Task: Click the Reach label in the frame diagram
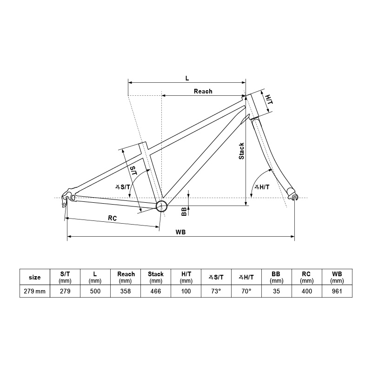click(x=203, y=91)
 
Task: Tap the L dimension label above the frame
click(x=187, y=78)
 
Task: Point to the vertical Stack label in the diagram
click(x=241, y=151)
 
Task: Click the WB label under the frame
click(x=181, y=232)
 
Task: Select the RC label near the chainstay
click(x=112, y=218)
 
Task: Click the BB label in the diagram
click(x=184, y=212)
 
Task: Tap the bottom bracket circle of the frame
click(x=161, y=206)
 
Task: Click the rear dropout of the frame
click(x=68, y=195)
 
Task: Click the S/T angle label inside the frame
click(x=123, y=187)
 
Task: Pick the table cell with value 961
click(x=337, y=292)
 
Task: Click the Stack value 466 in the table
click(x=156, y=292)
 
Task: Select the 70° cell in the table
click(x=246, y=292)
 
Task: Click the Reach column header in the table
click(x=126, y=277)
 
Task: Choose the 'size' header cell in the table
click(x=35, y=277)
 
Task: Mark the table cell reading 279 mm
click(x=35, y=292)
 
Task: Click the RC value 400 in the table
click(x=307, y=292)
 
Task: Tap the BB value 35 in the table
click(x=277, y=292)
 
